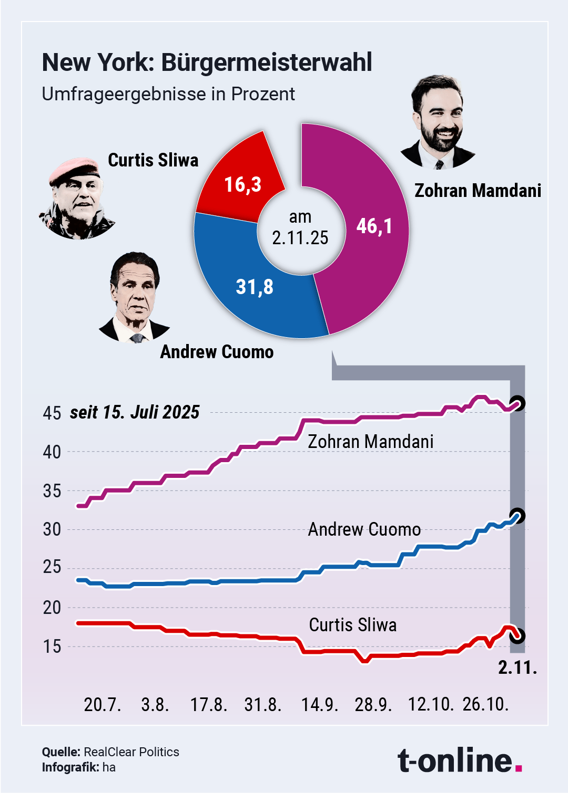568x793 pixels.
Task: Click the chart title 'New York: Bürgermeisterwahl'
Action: point(207,62)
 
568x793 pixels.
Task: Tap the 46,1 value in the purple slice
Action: point(374,226)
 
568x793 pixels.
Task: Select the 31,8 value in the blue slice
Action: point(255,287)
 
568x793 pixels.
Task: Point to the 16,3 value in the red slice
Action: point(242,184)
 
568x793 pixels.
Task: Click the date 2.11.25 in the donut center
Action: point(300,237)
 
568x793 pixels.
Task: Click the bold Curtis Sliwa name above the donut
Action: point(153,160)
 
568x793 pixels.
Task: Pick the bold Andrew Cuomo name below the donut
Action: point(217,352)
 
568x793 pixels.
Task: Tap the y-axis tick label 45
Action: point(52,413)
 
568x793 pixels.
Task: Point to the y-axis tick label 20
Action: point(52,608)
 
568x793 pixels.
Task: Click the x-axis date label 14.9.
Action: point(319,704)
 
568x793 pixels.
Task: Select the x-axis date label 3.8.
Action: point(155,704)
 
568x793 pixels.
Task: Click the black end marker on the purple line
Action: point(518,403)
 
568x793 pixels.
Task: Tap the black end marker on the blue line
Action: point(518,516)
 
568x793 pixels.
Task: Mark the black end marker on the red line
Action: point(518,635)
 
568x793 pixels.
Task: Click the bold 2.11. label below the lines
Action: point(518,667)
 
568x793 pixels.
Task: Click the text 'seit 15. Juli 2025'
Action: point(135,412)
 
